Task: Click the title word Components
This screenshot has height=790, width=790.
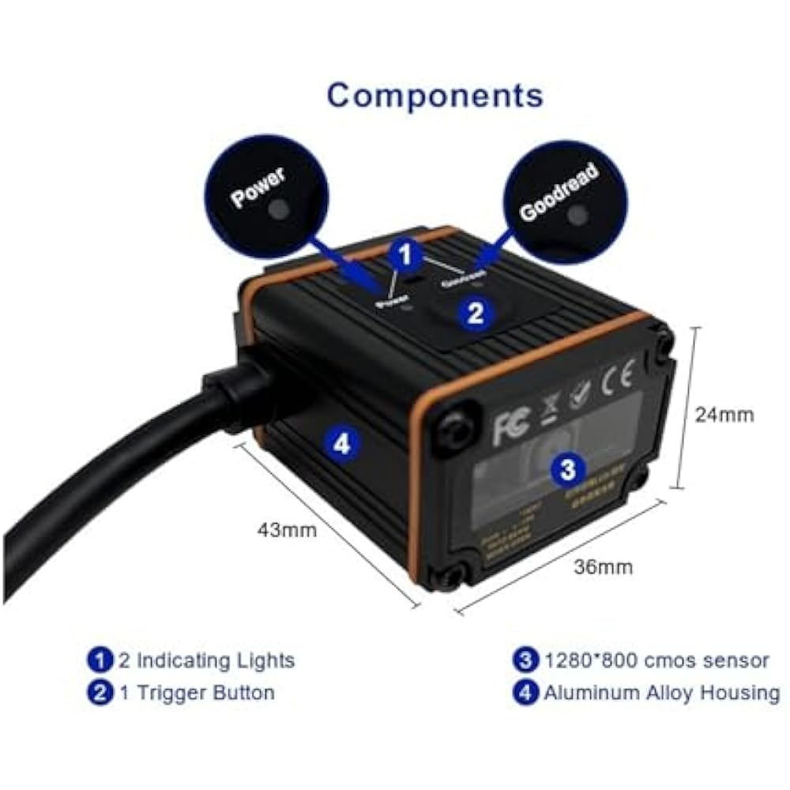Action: point(435,96)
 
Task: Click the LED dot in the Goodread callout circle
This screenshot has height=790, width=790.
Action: point(580,213)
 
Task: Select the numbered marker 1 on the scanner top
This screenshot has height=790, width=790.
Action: point(405,254)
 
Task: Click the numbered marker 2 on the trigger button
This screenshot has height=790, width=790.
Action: point(475,314)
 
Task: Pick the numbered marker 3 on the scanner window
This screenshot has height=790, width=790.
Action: point(566,469)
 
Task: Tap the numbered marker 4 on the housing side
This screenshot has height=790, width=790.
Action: point(341,443)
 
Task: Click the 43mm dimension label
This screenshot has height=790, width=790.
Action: point(286,530)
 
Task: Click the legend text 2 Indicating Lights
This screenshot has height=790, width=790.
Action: point(205,660)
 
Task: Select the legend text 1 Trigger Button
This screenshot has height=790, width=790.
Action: point(196,693)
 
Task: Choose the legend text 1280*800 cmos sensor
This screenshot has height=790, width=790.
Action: point(656,660)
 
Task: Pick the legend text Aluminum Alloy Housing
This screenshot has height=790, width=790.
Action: point(660,693)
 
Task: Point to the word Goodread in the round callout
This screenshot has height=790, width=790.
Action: point(559,190)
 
